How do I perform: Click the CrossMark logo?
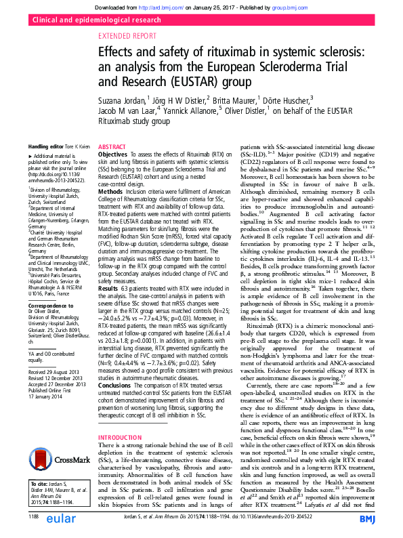point(62,440)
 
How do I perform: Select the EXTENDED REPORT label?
point(127,38)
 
